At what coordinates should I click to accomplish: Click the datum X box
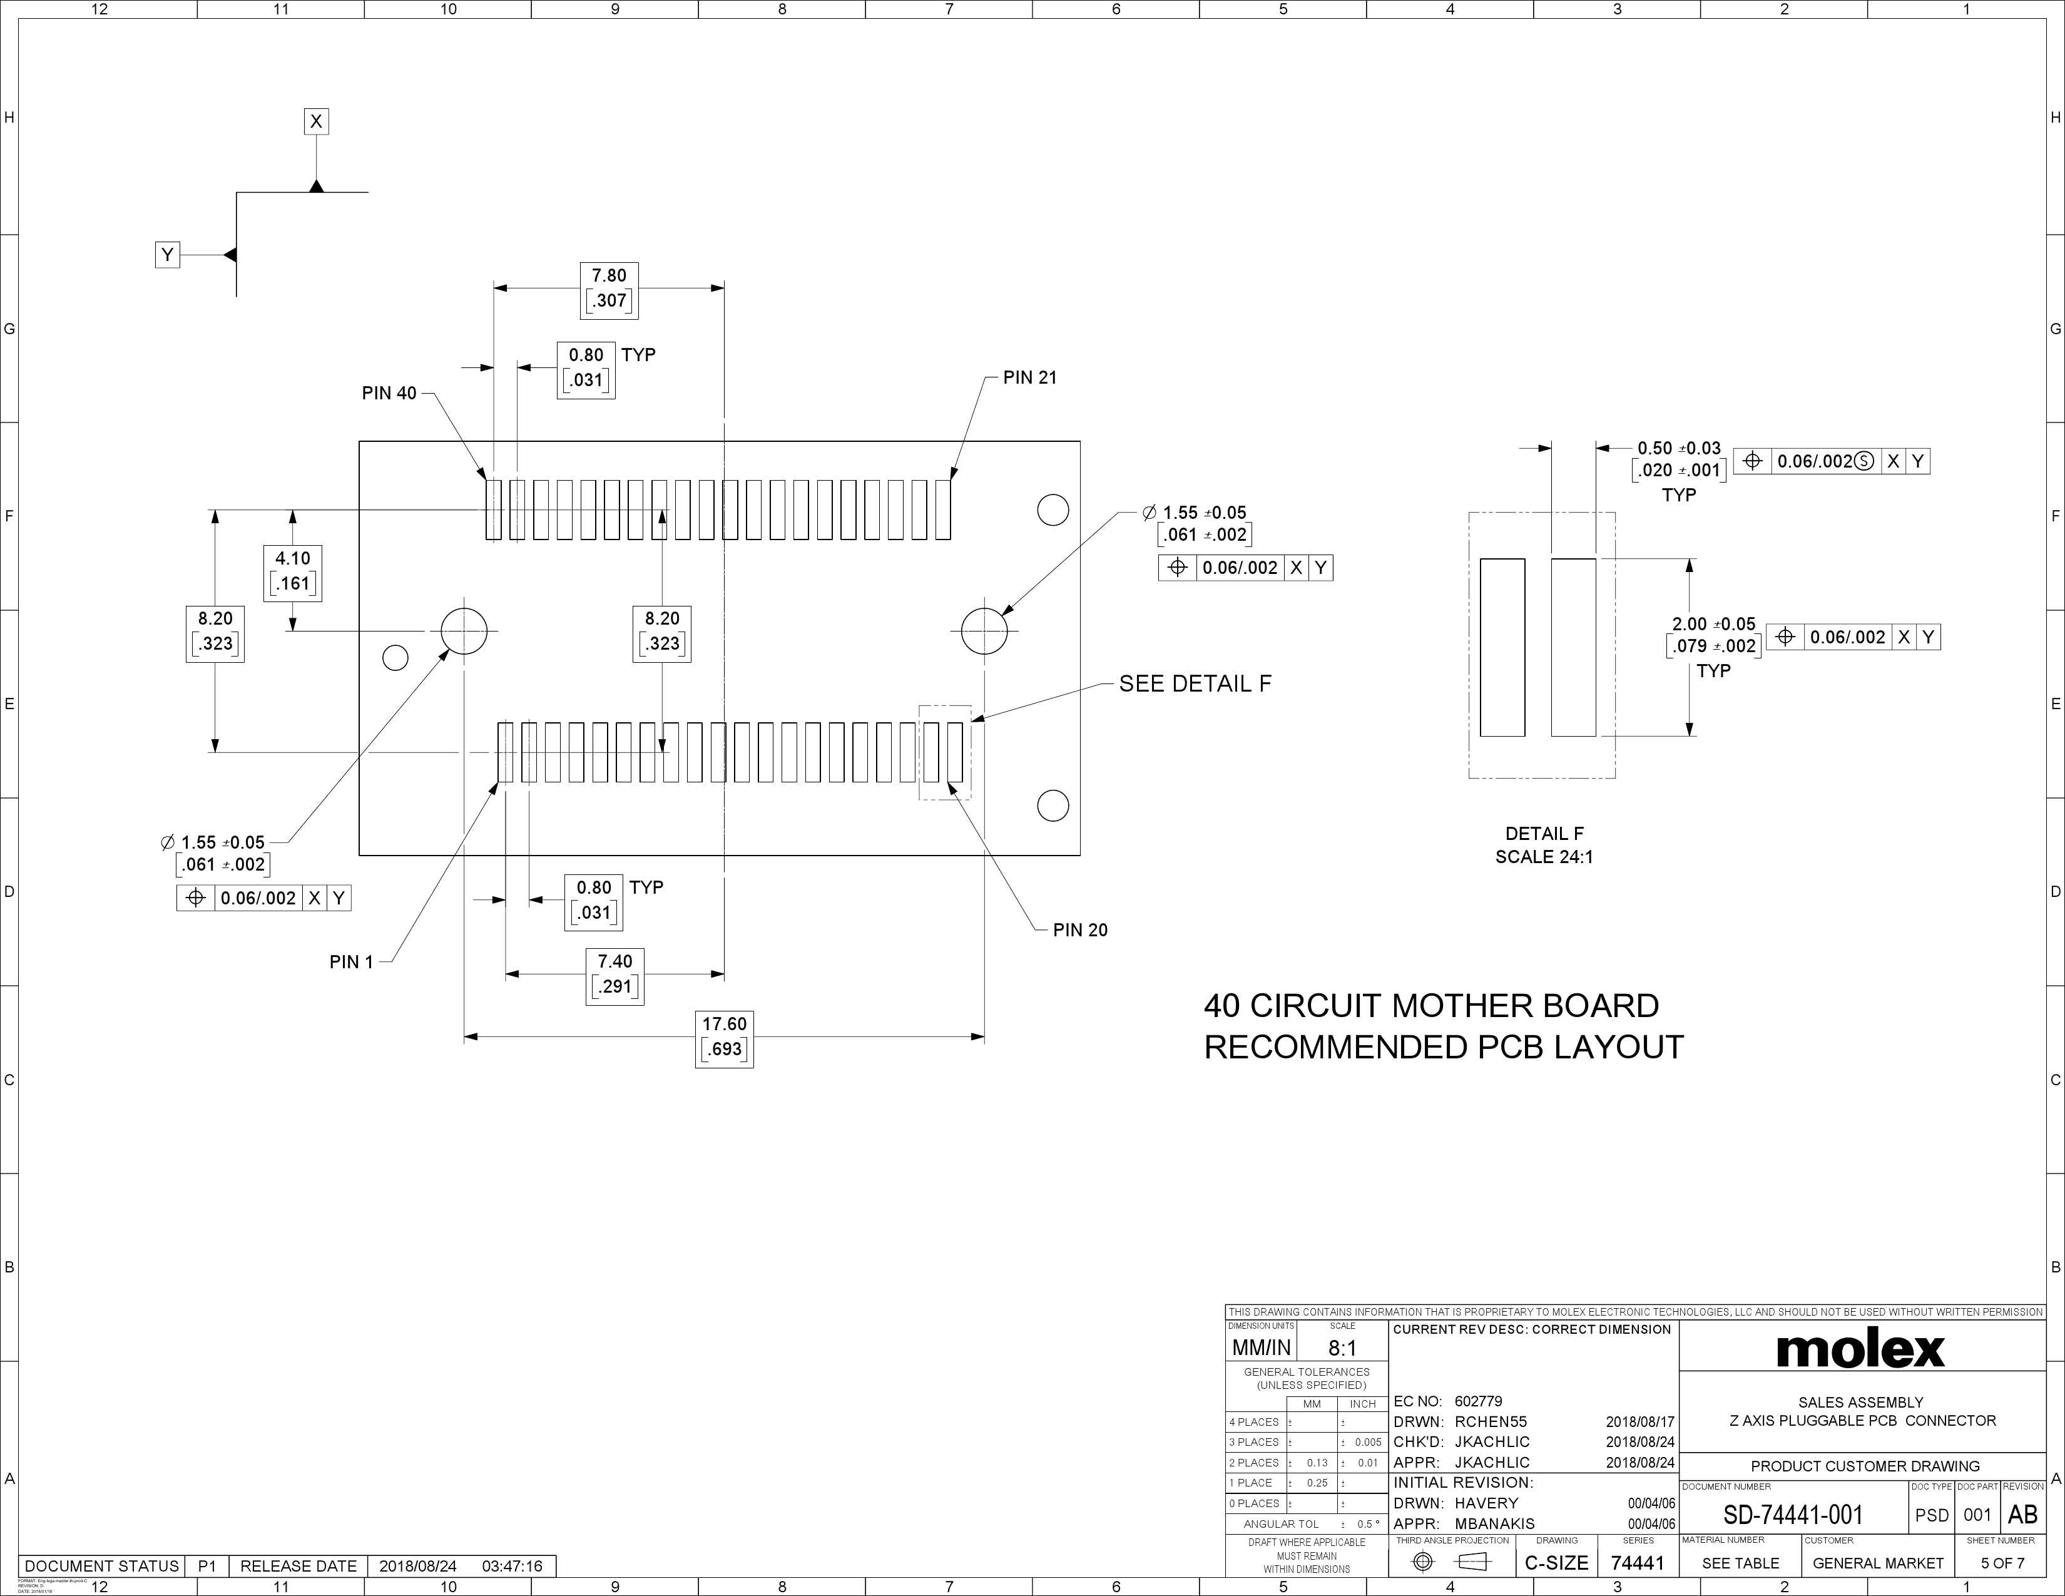[x=316, y=121]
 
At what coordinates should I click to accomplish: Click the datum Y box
[x=167, y=254]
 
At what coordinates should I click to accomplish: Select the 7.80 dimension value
[x=609, y=276]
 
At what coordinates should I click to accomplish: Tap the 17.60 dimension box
[x=724, y=1036]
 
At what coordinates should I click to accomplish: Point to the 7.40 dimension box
[x=614, y=974]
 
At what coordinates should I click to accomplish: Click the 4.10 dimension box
[x=292, y=571]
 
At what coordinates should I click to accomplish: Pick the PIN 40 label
[x=389, y=393]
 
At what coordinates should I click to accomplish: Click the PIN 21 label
[x=1029, y=377]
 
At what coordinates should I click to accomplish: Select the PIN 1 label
[x=351, y=961]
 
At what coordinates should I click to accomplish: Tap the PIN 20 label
[x=1080, y=929]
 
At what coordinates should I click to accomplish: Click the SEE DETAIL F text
[x=1195, y=683]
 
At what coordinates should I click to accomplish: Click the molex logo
[x=1860, y=1350]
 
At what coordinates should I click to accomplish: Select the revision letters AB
[x=2022, y=1515]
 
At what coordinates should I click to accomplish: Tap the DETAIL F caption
[x=1544, y=834]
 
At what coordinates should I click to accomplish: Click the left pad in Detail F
[x=1501, y=647]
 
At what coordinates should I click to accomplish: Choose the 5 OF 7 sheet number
[x=2002, y=1563]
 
